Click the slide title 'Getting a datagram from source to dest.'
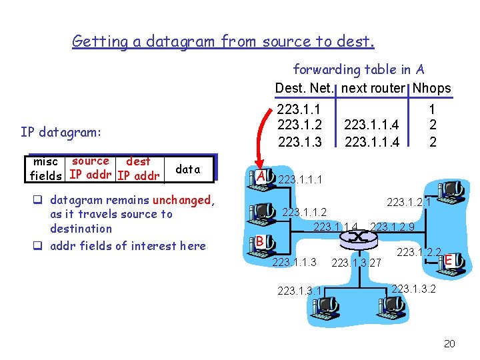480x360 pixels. (223, 42)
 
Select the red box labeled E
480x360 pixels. (450, 259)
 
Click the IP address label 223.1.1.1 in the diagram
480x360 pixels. (301, 180)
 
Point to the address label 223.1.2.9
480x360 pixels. (393, 227)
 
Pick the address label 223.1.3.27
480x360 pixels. (356, 263)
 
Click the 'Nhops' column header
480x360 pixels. (432, 89)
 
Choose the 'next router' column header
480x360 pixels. (373, 89)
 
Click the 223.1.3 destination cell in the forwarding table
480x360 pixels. (299, 141)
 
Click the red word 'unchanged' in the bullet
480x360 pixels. (181, 200)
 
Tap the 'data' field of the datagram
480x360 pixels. (187, 169)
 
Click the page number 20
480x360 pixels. (449, 344)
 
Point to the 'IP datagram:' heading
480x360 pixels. (61, 132)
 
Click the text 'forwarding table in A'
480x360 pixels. (359, 69)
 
